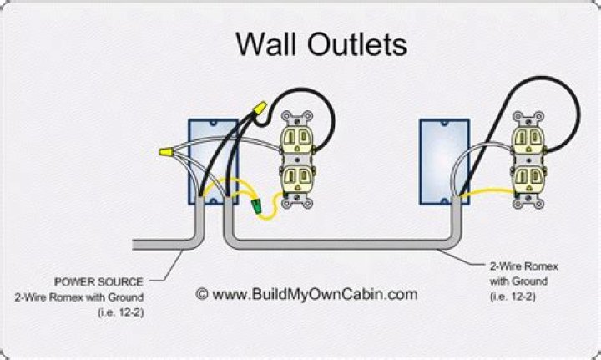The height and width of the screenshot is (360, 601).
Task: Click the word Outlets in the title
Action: click(x=356, y=43)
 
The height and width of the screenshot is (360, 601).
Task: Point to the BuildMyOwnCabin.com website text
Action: click(x=314, y=293)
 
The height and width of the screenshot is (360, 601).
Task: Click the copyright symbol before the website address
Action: click(x=201, y=293)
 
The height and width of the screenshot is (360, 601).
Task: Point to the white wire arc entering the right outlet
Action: click(x=480, y=155)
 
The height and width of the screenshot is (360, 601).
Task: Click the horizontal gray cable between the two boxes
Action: click(x=342, y=244)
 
